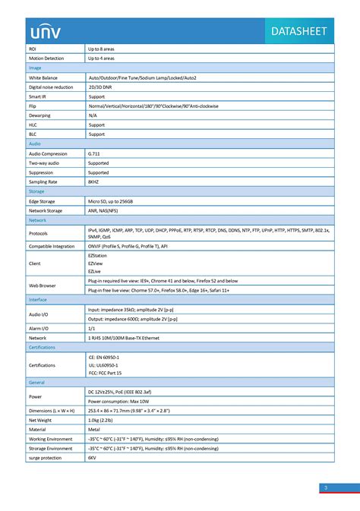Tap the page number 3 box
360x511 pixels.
click(x=325, y=487)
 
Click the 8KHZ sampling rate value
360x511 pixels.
click(x=93, y=182)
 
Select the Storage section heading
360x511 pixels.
click(x=36, y=191)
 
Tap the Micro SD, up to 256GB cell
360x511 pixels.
click(x=111, y=201)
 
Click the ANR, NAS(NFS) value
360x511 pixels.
click(x=106, y=210)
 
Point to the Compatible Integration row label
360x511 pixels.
click(x=52, y=246)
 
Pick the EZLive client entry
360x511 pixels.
click(x=95, y=271)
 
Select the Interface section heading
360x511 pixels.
click(x=38, y=300)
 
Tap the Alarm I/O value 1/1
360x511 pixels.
click(x=92, y=327)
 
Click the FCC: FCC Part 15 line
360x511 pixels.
click(x=105, y=374)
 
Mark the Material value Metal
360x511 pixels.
click(x=94, y=429)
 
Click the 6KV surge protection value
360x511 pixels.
click(x=92, y=458)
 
